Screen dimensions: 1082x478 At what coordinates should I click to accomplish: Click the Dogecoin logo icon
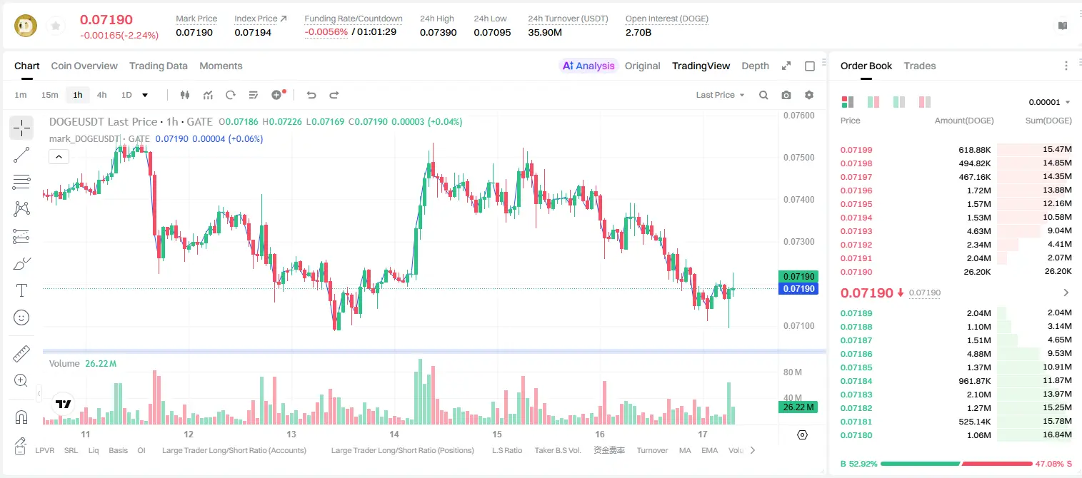pyautogui.click(x=26, y=26)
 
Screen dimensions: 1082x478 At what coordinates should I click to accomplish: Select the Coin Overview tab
pyautogui.click(x=84, y=66)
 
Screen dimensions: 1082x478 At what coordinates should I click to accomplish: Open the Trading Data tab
pyautogui.click(x=158, y=66)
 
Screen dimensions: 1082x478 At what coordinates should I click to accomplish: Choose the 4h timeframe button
pyautogui.click(x=101, y=95)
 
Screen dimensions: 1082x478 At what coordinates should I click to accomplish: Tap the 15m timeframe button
pyautogui.click(x=49, y=95)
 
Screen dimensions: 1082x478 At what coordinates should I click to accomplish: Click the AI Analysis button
pyautogui.click(x=588, y=66)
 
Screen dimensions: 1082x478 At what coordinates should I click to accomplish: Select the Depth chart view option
pyautogui.click(x=755, y=66)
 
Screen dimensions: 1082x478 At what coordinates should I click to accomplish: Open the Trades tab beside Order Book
pyautogui.click(x=919, y=66)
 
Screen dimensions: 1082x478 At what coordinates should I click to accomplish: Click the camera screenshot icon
pyautogui.click(x=786, y=95)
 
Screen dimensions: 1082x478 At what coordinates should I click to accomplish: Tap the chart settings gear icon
pyautogui.click(x=809, y=95)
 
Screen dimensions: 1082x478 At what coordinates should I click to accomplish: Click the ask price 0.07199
pyautogui.click(x=856, y=150)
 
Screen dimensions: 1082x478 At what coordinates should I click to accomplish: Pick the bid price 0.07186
pyautogui.click(x=856, y=354)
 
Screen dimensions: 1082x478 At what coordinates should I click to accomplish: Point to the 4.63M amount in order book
pyautogui.click(x=978, y=231)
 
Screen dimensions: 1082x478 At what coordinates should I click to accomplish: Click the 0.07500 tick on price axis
pyautogui.click(x=799, y=157)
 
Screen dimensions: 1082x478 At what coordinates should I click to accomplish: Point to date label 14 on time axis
pyautogui.click(x=394, y=434)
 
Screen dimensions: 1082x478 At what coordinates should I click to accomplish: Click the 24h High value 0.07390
pyautogui.click(x=438, y=32)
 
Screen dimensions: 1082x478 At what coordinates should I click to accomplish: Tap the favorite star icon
pyautogui.click(x=56, y=26)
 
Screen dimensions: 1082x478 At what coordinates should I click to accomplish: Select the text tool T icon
pyautogui.click(x=21, y=290)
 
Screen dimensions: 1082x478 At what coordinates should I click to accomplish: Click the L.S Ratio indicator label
pyautogui.click(x=506, y=450)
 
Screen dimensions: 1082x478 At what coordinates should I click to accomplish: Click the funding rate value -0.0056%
pyautogui.click(x=326, y=32)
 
